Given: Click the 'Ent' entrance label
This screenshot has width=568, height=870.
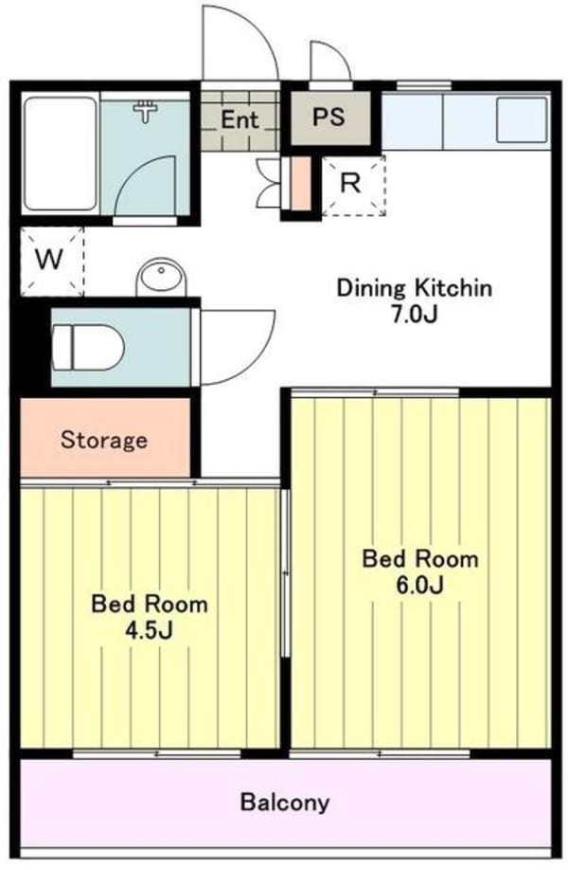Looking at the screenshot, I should click(239, 119).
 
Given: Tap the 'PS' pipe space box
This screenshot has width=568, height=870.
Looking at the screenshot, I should click(328, 118).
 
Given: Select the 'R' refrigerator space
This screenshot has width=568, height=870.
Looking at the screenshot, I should click(351, 184).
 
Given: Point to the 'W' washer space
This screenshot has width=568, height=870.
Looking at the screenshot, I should click(50, 260).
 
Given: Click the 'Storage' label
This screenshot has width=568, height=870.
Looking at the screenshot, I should click(104, 440).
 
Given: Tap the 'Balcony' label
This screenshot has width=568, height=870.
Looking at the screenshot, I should click(284, 803).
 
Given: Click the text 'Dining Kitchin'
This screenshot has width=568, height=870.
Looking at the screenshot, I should click(415, 288).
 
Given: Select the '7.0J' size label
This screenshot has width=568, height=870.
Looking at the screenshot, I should click(415, 314).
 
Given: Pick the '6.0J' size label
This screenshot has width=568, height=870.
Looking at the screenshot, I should click(420, 584).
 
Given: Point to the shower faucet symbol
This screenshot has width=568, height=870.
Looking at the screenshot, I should click(147, 112).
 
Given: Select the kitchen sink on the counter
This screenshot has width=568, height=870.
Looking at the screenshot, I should click(520, 120).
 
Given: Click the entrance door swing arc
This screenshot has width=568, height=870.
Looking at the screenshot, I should click(239, 43).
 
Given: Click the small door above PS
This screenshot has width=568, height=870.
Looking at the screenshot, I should click(330, 64).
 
